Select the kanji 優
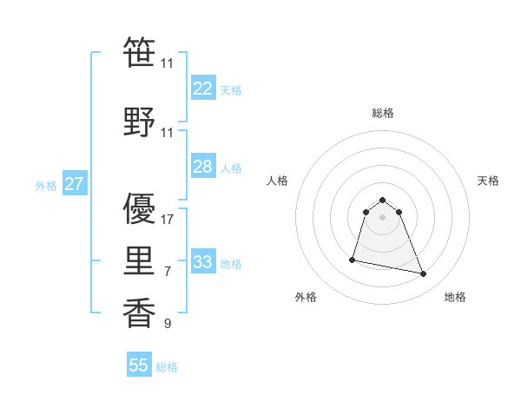(x=140, y=208)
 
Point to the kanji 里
(x=140, y=260)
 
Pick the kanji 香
(x=140, y=313)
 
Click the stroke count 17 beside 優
(x=168, y=220)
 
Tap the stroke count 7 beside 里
(x=168, y=272)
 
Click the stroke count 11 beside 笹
(x=168, y=64)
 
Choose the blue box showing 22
(x=202, y=89)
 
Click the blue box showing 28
(x=202, y=167)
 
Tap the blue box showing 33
(x=202, y=262)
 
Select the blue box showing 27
(x=74, y=184)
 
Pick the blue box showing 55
(x=139, y=365)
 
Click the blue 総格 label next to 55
(x=167, y=367)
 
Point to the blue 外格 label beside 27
(x=46, y=186)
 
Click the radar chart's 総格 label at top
(x=382, y=113)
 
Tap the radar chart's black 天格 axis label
(x=489, y=181)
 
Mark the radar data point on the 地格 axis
(x=424, y=274)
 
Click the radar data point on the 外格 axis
(x=353, y=259)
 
